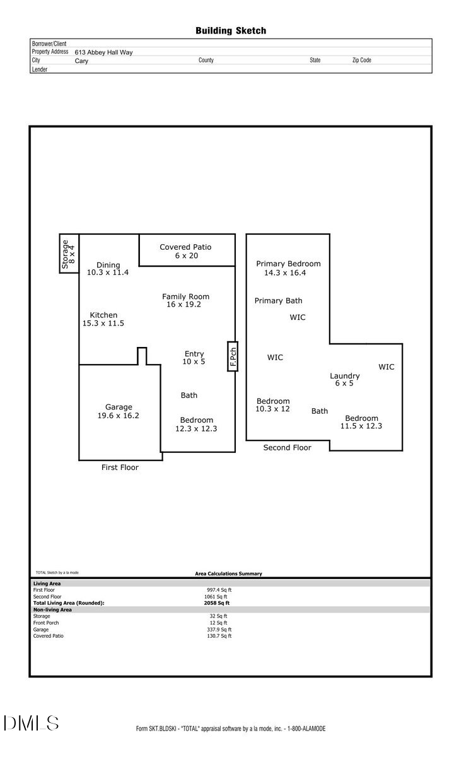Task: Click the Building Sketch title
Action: [230, 30]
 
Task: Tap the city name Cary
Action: [81, 61]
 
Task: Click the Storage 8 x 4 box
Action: [69, 254]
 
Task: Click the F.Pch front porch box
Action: [233, 356]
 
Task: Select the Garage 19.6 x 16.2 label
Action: [119, 411]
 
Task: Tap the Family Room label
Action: [185, 300]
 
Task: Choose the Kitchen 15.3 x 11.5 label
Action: [103, 319]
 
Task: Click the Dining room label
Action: [108, 269]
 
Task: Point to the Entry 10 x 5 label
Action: [194, 358]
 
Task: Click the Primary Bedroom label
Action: [288, 268]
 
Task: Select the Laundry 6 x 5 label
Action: [344, 379]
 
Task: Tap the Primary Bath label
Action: [278, 301]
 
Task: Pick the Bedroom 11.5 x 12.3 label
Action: [361, 422]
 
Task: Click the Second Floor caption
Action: [287, 447]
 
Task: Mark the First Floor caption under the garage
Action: [120, 467]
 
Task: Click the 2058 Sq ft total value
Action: [212, 603]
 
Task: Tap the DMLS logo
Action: [32, 723]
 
